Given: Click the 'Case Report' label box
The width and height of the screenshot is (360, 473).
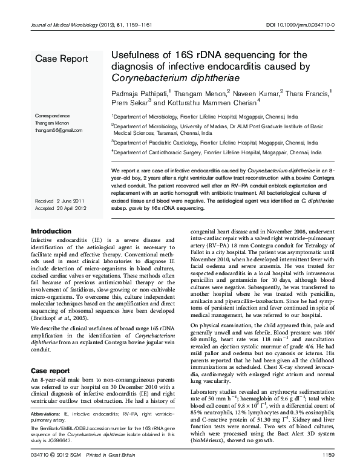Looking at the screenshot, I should click(x=61, y=59).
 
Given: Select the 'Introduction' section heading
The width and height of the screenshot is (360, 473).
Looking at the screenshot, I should click(x=51, y=231).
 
